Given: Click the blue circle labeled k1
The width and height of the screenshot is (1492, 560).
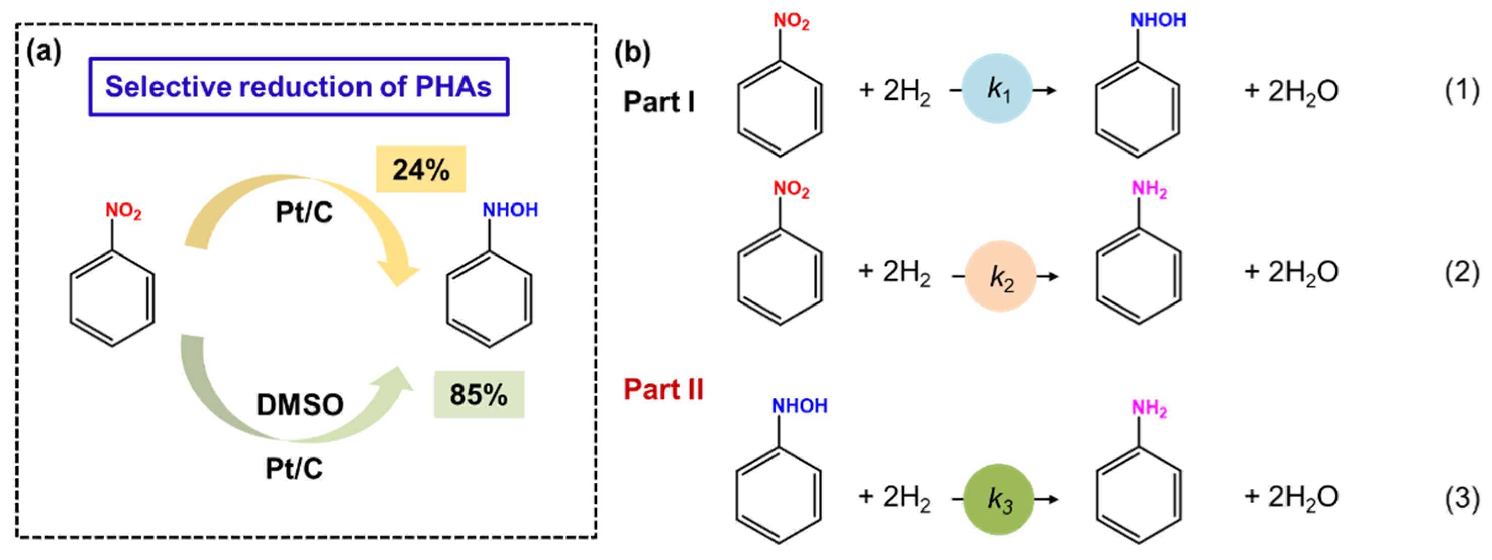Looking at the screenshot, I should tap(997, 88).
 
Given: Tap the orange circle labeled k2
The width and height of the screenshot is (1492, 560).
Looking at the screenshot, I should tap(1000, 276).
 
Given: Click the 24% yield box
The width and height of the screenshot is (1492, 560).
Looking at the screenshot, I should tap(421, 169).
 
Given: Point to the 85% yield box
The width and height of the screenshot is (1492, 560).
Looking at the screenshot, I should tap(479, 394).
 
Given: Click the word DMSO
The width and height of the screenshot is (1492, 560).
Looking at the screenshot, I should tap(300, 404).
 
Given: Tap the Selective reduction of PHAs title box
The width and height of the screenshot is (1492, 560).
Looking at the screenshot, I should tap(298, 87).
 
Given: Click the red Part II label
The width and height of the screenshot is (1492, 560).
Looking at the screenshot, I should tap(663, 389).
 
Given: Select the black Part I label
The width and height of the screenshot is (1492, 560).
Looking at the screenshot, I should tap(658, 102).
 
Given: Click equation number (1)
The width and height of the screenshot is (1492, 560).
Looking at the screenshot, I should tap(1462, 90).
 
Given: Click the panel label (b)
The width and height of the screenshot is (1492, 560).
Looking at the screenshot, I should tap(632, 54).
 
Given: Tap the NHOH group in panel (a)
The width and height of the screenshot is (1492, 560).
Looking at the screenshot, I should tap(509, 210).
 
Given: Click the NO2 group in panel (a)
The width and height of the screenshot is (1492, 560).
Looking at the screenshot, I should tap(123, 211).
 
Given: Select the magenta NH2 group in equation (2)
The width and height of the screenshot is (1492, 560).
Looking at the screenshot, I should tap(1149, 189).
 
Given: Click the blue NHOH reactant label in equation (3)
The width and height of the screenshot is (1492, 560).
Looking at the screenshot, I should tap(799, 406).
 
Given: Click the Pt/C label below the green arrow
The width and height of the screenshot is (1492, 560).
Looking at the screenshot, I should tap(294, 469).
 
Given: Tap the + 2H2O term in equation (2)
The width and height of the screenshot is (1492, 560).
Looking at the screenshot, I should tap(1292, 272).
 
